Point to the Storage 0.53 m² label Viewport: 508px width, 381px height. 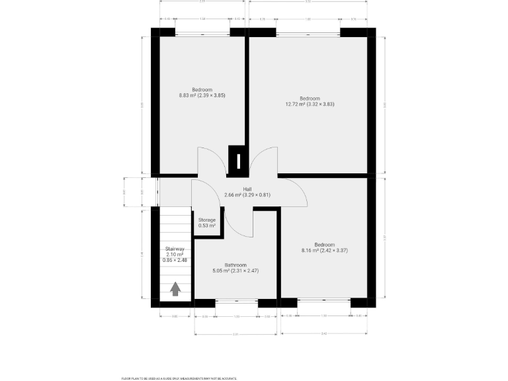(207, 223)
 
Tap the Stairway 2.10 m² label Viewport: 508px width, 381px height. (175, 255)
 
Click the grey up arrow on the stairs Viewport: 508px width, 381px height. (176, 289)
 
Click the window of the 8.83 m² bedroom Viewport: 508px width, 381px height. (202, 31)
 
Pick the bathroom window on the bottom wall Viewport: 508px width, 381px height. (236, 303)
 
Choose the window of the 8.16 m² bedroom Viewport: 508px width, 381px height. (324, 303)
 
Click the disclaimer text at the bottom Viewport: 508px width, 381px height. (179, 378)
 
